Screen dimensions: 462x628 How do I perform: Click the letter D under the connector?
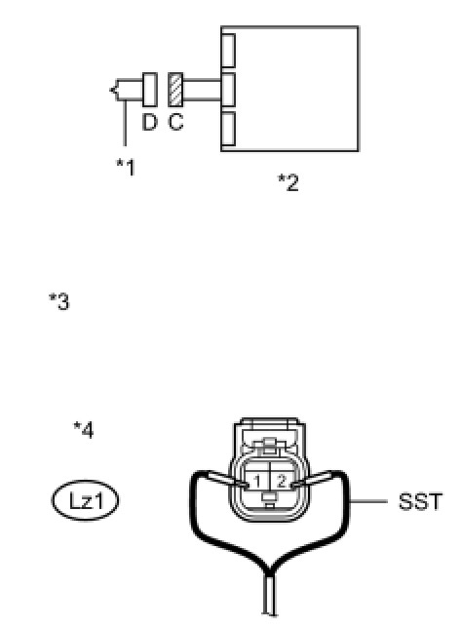(149, 122)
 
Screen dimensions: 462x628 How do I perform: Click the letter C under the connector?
(175, 122)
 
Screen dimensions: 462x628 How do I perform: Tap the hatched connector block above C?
(175, 90)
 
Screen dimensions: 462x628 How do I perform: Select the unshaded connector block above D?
(150, 90)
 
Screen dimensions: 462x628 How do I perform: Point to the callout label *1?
(126, 168)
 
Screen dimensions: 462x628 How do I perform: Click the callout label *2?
(289, 182)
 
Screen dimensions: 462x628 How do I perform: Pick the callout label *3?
(58, 301)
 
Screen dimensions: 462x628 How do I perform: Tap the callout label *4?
(84, 430)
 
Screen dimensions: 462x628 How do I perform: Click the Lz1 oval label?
(85, 500)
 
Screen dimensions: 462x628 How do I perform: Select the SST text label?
(420, 501)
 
